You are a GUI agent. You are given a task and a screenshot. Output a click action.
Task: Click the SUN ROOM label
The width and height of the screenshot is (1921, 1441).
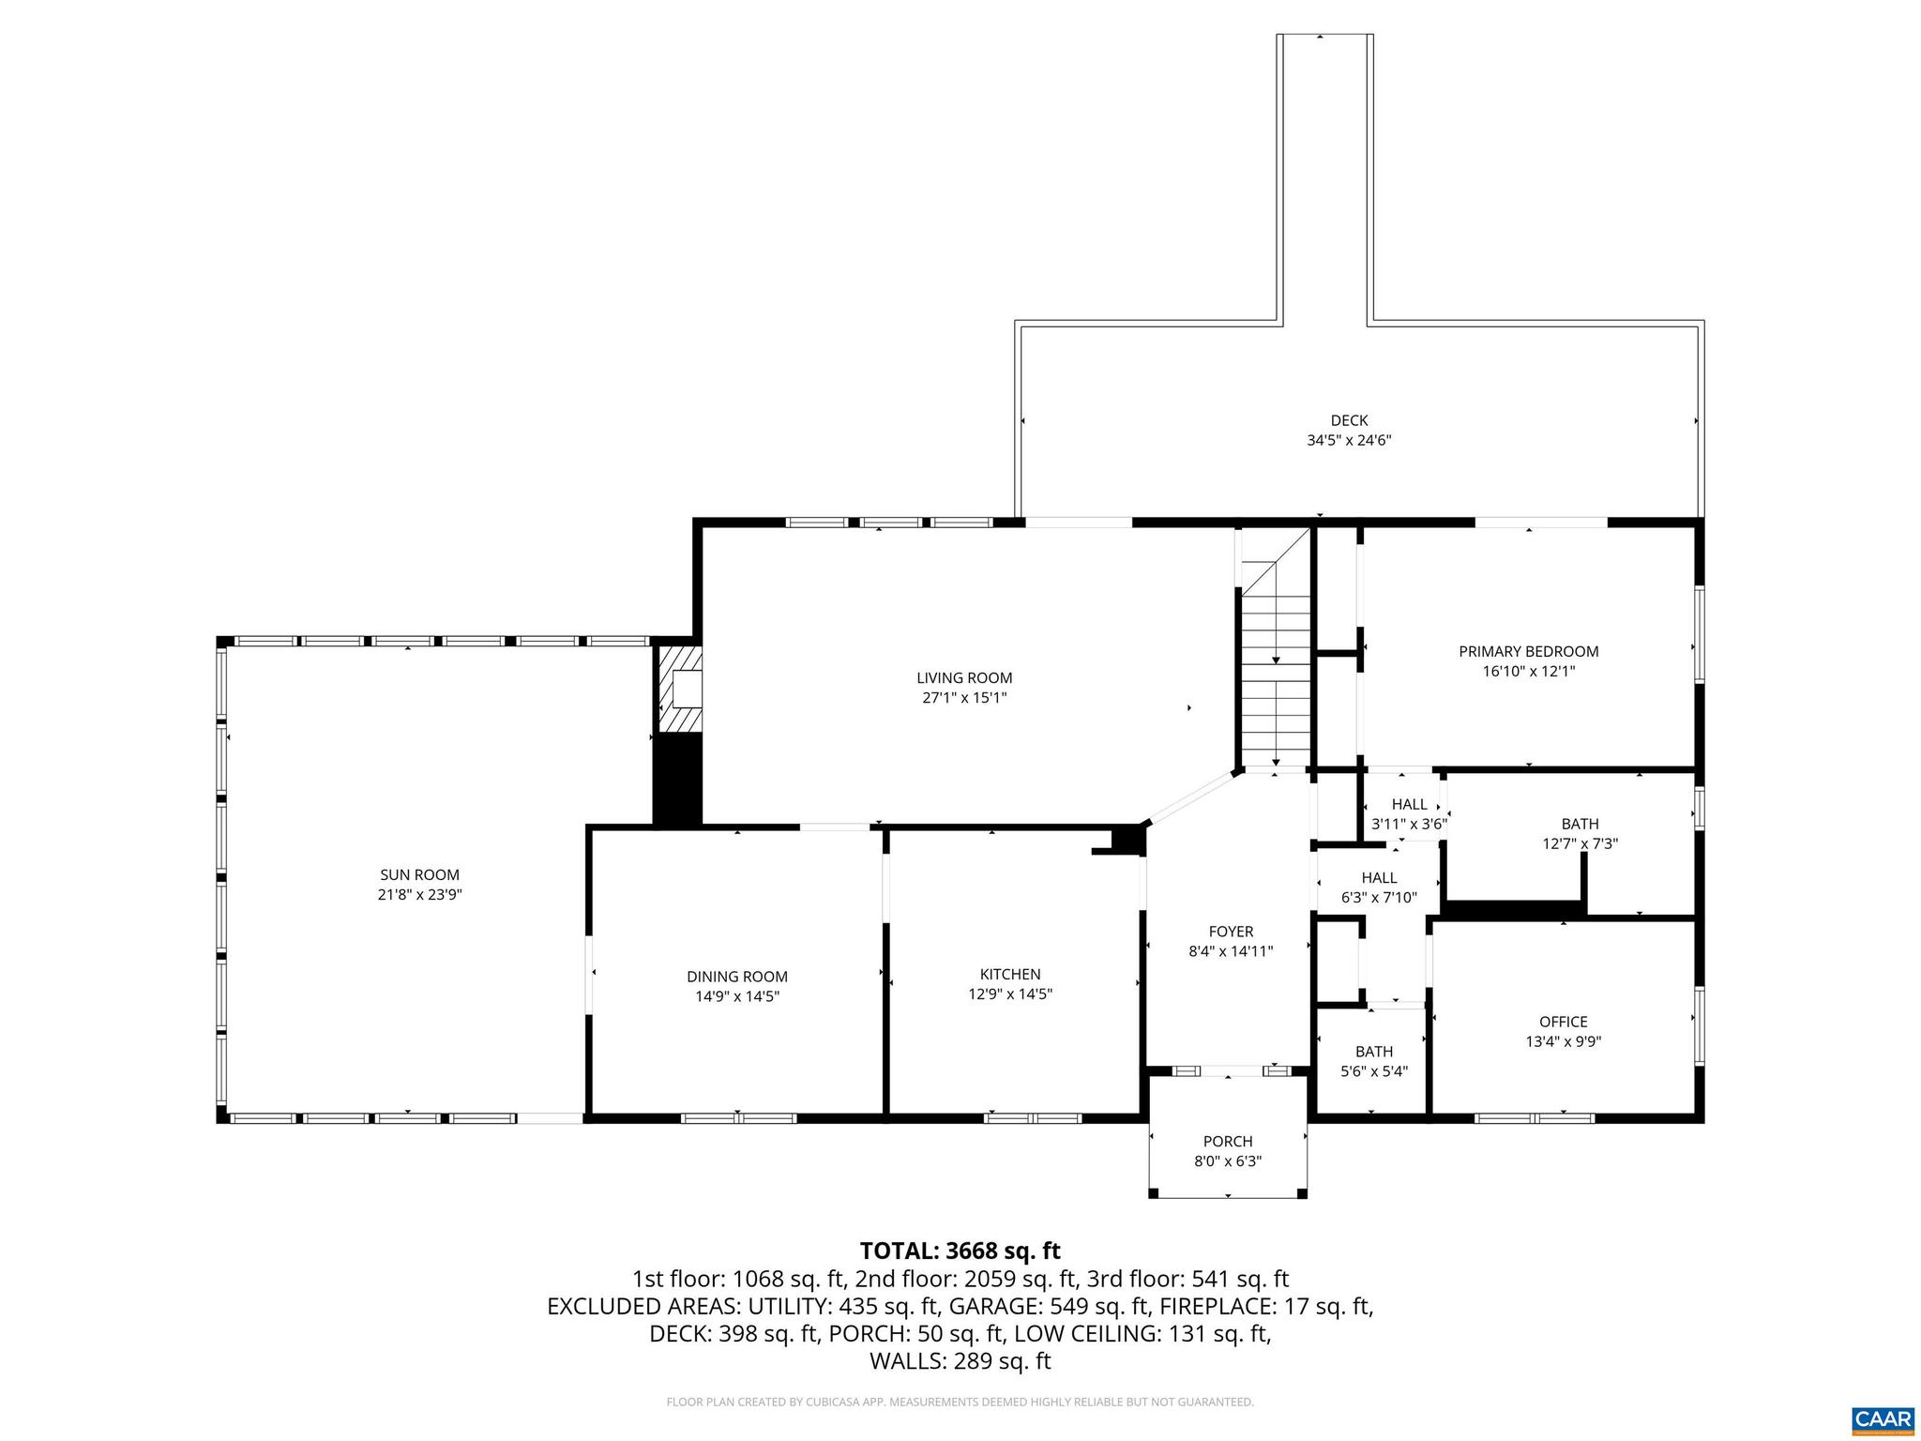418,874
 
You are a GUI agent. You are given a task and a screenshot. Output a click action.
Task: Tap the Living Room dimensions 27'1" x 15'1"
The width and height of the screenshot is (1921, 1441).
964,698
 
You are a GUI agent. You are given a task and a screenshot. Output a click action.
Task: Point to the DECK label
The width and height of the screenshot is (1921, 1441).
1349,420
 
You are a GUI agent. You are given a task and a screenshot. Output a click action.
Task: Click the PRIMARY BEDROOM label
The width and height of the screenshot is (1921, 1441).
1528,651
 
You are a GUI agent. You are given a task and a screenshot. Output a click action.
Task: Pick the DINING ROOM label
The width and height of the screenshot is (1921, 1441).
736,977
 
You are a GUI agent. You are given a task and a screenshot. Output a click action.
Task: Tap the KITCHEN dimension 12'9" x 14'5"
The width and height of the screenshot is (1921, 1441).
1010,994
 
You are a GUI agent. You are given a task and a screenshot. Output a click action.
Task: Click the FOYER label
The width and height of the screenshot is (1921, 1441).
1231,932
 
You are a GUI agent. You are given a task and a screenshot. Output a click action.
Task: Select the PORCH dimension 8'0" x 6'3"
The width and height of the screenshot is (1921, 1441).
1228,1161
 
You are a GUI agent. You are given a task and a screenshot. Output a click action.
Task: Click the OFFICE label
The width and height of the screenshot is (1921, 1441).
1563,1022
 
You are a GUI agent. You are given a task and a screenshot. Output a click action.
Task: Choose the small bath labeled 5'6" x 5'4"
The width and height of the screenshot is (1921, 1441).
1373,1061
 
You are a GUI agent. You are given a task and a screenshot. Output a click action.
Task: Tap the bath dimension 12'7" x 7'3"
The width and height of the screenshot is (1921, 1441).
1580,843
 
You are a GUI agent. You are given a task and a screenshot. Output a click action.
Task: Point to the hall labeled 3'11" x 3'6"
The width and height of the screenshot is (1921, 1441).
1409,814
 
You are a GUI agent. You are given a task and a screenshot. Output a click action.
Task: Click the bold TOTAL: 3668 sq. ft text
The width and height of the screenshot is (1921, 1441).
960,1251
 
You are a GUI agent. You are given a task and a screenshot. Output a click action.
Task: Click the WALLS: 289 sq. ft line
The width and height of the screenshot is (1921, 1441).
960,1361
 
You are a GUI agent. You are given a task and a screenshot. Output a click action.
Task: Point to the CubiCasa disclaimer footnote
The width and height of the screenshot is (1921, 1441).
960,1402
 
